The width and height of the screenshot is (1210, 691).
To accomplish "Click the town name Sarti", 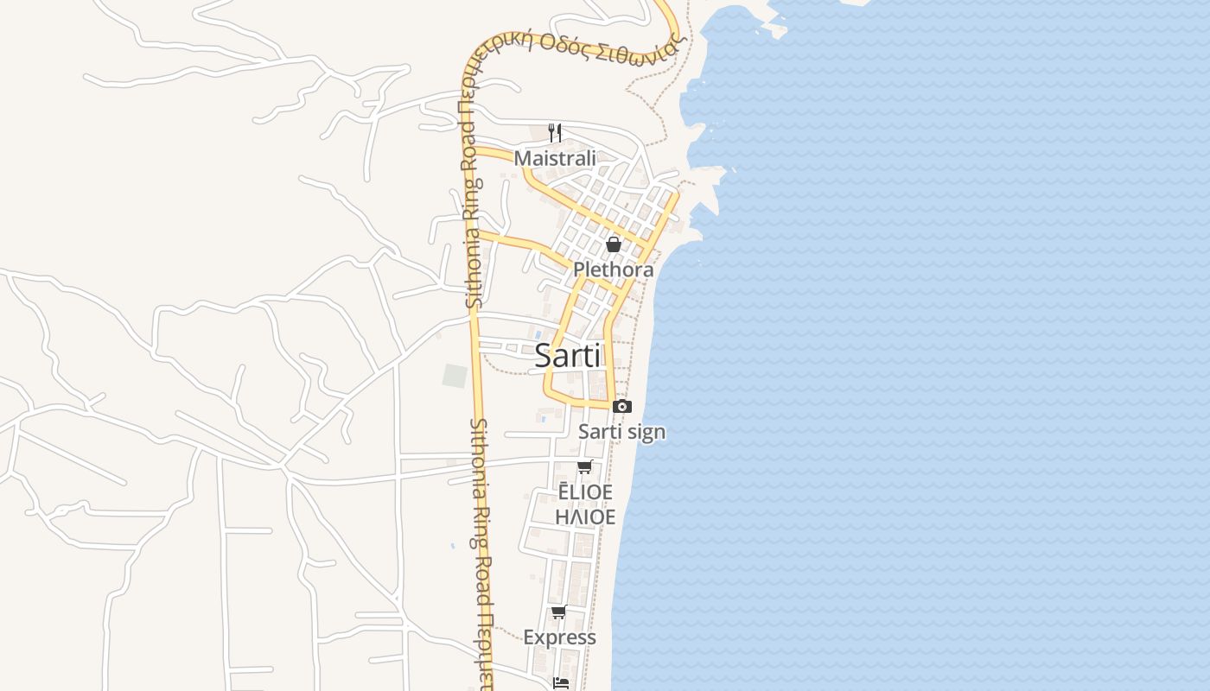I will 567,355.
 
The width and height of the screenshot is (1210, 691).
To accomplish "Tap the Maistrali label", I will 555,158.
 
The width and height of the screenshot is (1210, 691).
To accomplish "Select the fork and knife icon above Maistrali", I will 555,133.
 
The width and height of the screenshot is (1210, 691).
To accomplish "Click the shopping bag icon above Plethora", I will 614,244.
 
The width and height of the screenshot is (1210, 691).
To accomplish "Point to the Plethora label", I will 614,269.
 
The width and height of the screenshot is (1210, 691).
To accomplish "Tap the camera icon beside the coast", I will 622,406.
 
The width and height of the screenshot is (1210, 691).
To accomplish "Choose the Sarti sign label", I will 622,431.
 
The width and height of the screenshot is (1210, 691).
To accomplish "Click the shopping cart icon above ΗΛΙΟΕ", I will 584,467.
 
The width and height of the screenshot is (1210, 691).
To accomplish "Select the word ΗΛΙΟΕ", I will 585,517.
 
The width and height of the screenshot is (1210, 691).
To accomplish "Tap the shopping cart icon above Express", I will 558,612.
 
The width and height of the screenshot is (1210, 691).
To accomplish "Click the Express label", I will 559,637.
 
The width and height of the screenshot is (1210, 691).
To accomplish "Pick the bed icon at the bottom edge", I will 562,682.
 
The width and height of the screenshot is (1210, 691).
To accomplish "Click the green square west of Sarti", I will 455,376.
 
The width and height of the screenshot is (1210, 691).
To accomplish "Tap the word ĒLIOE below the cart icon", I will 585,492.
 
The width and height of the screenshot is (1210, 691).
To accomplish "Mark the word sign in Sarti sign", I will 646,432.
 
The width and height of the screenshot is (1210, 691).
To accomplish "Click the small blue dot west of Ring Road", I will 452,546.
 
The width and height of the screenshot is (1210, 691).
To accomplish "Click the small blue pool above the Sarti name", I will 538,333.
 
